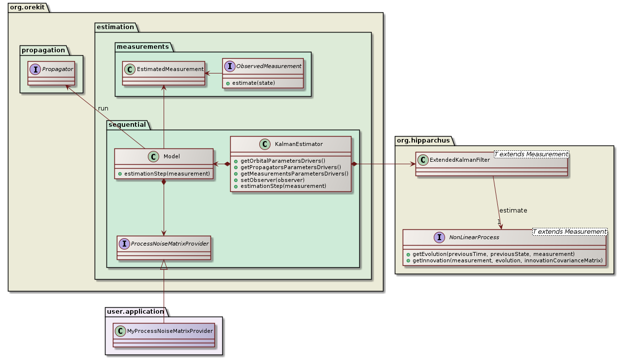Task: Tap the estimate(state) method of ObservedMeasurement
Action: (x=250, y=82)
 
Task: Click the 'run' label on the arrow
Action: (x=103, y=108)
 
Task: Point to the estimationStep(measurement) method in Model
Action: (x=167, y=174)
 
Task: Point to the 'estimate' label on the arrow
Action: (x=513, y=211)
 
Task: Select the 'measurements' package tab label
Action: (x=142, y=47)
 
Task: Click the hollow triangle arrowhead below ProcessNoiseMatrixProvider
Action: (x=164, y=265)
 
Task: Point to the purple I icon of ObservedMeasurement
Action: (x=230, y=66)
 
